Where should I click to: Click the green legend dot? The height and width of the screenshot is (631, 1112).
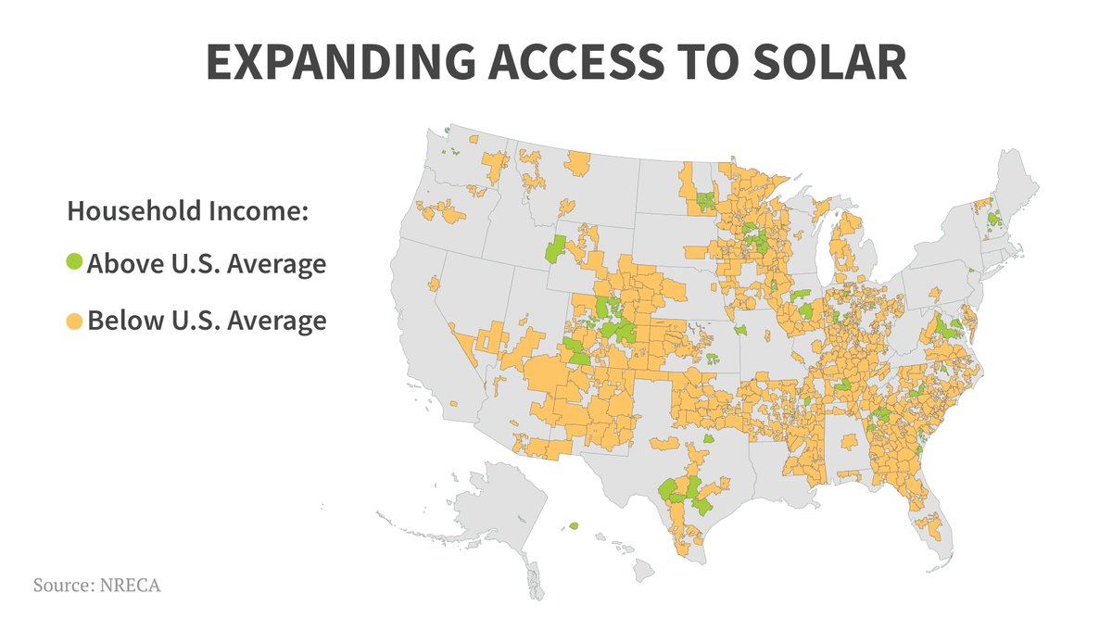[x=74, y=264]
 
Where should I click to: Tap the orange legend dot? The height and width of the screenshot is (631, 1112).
[x=74, y=322]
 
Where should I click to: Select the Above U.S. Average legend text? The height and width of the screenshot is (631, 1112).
[x=206, y=264]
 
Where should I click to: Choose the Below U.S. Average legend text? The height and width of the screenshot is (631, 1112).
[x=206, y=322]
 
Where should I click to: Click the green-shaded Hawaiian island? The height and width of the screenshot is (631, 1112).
[x=574, y=525]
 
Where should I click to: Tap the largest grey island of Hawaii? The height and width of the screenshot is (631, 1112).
[x=645, y=564]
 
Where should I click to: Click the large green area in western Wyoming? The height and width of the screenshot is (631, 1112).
[x=556, y=248]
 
